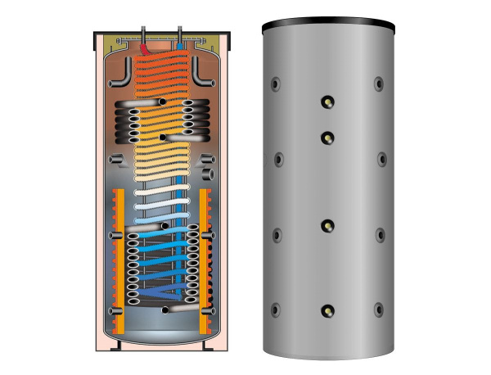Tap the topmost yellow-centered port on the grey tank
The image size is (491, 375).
(327, 102)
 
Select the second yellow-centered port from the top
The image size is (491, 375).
(327, 136)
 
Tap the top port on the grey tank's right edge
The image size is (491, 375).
(378, 84)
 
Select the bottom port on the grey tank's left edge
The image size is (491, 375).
(276, 309)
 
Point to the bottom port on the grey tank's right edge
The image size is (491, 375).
(380, 309)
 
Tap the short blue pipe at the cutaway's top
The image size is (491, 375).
(178, 36)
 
